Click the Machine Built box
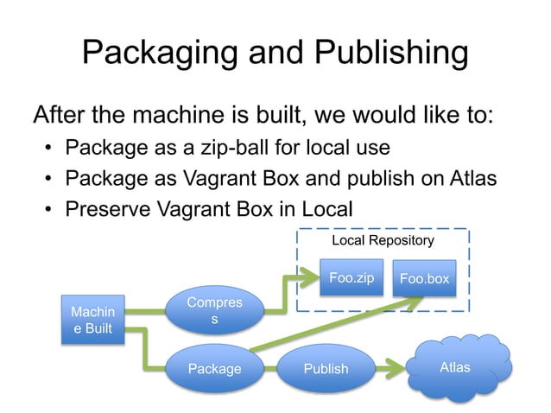point(92,320)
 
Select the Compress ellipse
point(214,312)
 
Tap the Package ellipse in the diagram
point(214,369)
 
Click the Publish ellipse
point(326,369)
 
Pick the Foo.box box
point(423,279)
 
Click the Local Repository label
point(383,238)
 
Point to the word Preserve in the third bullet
point(112,209)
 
